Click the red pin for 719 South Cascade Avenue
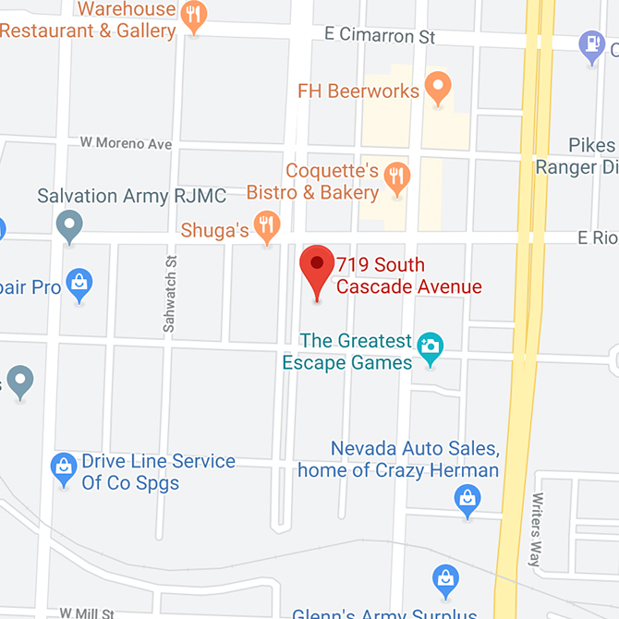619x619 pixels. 318,267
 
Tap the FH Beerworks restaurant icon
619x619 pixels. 439,89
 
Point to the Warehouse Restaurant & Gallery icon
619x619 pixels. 193,15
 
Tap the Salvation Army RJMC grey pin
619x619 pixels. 69,225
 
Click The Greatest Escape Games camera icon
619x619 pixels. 429,347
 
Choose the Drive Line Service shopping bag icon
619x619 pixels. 64,468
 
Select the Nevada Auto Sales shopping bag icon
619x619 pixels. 468,500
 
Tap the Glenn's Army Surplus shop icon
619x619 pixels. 446,579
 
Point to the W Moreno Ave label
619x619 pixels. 126,143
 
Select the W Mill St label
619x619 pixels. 87,613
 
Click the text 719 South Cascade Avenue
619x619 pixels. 408,275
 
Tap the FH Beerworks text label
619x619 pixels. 358,91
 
